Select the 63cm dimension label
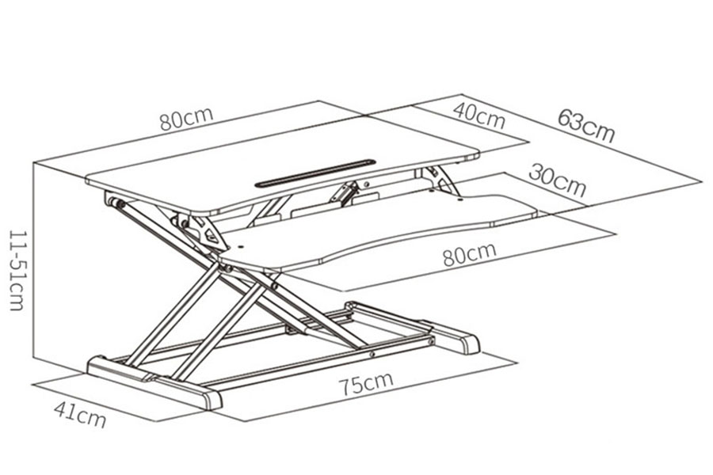point(586,124)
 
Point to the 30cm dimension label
point(558,180)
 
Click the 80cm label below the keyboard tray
point(470,254)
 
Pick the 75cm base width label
point(366,384)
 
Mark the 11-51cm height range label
point(17,270)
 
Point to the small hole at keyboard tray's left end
point(241,248)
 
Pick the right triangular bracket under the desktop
point(441,181)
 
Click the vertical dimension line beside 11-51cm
point(34,260)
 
